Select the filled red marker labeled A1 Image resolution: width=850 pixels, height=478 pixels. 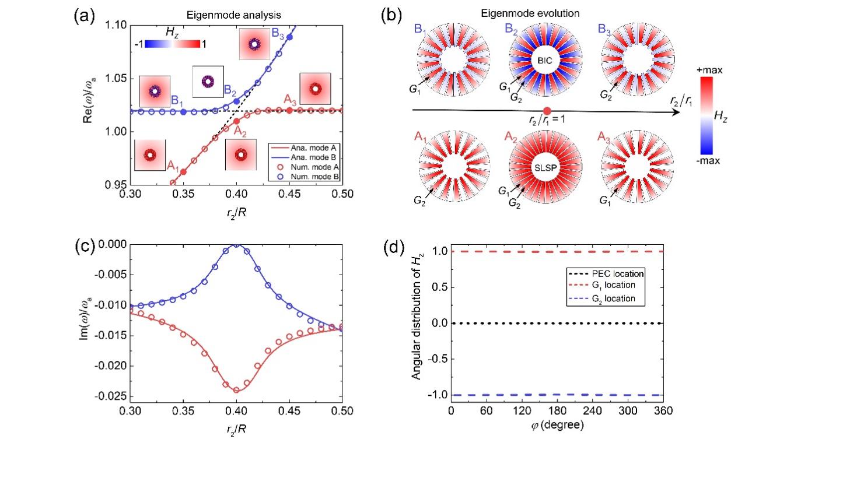[x=184, y=172]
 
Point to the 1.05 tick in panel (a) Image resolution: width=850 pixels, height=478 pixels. [x=116, y=79]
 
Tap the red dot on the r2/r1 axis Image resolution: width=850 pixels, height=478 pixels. [x=547, y=111]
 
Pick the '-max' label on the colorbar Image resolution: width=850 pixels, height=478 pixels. [x=708, y=160]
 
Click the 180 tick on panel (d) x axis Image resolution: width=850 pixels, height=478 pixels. [x=557, y=411]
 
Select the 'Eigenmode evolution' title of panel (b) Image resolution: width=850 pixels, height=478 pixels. [x=545, y=13]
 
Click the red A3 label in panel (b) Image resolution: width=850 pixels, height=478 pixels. [x=606, y=137]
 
